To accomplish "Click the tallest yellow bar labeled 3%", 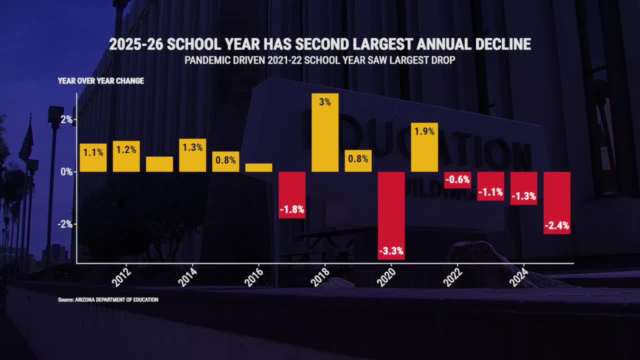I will [325, 132].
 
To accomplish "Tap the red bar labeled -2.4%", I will [557, 202].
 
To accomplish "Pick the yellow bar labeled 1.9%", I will [424, 147].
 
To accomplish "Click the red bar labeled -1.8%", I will [292, 195].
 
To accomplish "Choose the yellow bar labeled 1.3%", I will [192, 155].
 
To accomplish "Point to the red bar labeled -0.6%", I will [457, 180].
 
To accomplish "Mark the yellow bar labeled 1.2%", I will [126, 156].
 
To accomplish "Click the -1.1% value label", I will [490, 192].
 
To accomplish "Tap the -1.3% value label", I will [523, 196].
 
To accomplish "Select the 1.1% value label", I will [93, 151].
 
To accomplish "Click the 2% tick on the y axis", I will [65, 119].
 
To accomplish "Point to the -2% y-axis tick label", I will [64, 224].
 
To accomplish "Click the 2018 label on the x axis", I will [320, 277].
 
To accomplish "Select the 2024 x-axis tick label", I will [518, 277].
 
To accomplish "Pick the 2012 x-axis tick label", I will [121, 277].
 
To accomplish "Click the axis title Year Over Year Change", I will [101, 81].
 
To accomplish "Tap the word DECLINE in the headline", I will [498, 44].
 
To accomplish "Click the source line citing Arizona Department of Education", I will [108, 300].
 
